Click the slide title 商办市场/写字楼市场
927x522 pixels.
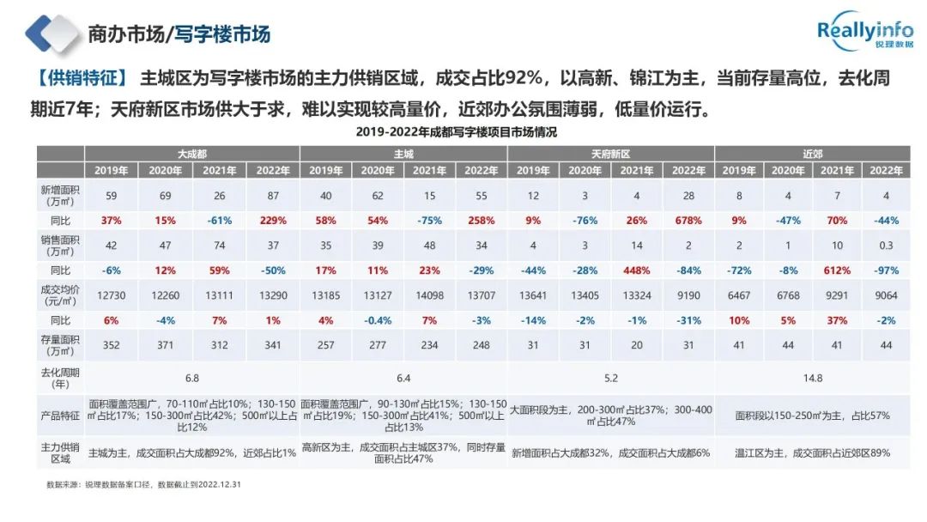[x=179, y=34]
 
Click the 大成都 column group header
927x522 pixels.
[x=191, y=154]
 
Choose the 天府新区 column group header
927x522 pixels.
[x=610, y=154]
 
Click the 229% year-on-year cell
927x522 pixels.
[x=272, y=220]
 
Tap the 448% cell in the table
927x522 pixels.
[x=636, y=269]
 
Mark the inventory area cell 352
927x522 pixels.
[x=111, y=345]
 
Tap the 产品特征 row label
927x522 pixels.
[x=60, y=415]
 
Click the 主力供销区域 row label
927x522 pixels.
[x=60, y=452]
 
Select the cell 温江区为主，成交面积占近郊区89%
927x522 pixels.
[x=812, y=452]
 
